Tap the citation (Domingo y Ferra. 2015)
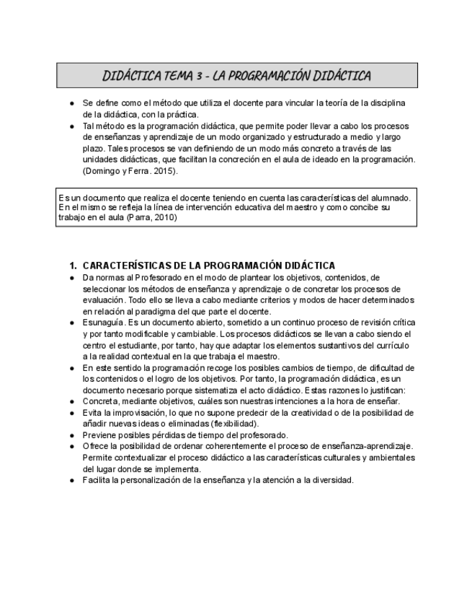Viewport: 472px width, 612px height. point(129,171)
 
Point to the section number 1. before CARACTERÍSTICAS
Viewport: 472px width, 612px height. point(73,266)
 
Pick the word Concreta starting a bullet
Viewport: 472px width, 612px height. point(103,401)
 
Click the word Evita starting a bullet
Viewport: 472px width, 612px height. point(94,413)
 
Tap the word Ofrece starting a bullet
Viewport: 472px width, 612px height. point(98,446)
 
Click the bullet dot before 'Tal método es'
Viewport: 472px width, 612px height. point(71,126)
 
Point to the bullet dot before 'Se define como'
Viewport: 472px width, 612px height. point(71,103)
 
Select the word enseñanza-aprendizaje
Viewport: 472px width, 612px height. point(368,446)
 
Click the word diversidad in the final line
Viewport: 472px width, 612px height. point(332,480)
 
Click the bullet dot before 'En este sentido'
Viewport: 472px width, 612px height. point(71,368)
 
